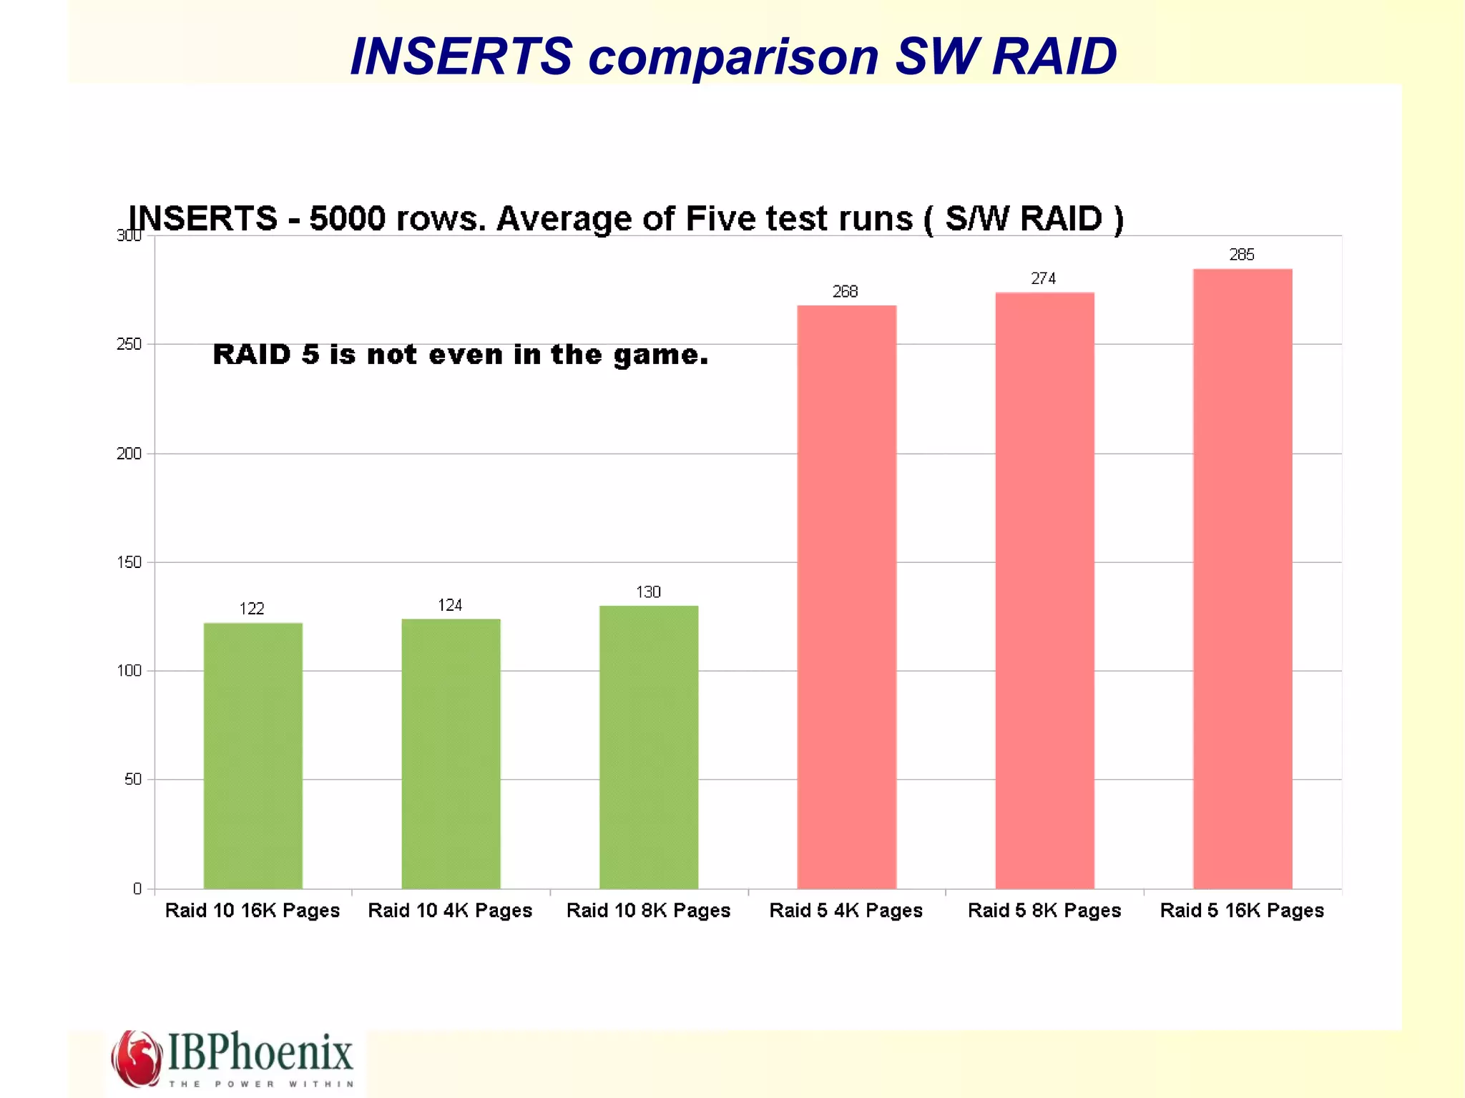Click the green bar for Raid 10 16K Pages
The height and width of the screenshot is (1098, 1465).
pyautogui.click(x=253, y=755)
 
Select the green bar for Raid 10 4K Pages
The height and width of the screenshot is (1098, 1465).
pyautogui.click(x=451, y=753)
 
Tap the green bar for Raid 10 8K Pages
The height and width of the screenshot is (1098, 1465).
pyautogui.click(x=649, y=747)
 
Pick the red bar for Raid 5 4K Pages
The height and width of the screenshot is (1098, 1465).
pyautogui.click(x=846, y=597)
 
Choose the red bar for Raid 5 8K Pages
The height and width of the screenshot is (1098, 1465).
pyautogui.click(x=1044, y=590)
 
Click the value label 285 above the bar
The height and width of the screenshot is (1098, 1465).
pyautogui.click(x=1242, y=255)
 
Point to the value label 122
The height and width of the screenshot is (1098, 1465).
pyautogui.click(x=252, y=609)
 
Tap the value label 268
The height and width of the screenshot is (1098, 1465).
pyautogui.click(x=845, y=292)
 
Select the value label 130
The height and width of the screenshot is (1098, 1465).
pyautogui.click(x=648, y=592)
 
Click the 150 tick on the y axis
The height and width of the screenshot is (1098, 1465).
pyautogui.click(x=129, y=562)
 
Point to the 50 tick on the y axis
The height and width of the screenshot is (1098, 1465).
pyautogui.click(x=132, y=780)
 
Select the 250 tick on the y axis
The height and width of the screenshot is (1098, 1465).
pyautogui.click(x=129, y=345)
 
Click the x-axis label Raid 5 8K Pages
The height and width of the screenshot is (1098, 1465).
pyautogui.click(x=1044, y=911)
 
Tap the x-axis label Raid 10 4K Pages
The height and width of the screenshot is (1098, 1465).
pyautogui.click(x=450, y=911)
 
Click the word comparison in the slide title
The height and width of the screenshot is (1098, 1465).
pyautogui.click(x=733, y=57)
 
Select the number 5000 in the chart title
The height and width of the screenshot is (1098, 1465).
pyautogui.click(x=347, y=219)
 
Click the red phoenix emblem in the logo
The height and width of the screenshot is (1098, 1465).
pyautogui.click(x=136, y=1058)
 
